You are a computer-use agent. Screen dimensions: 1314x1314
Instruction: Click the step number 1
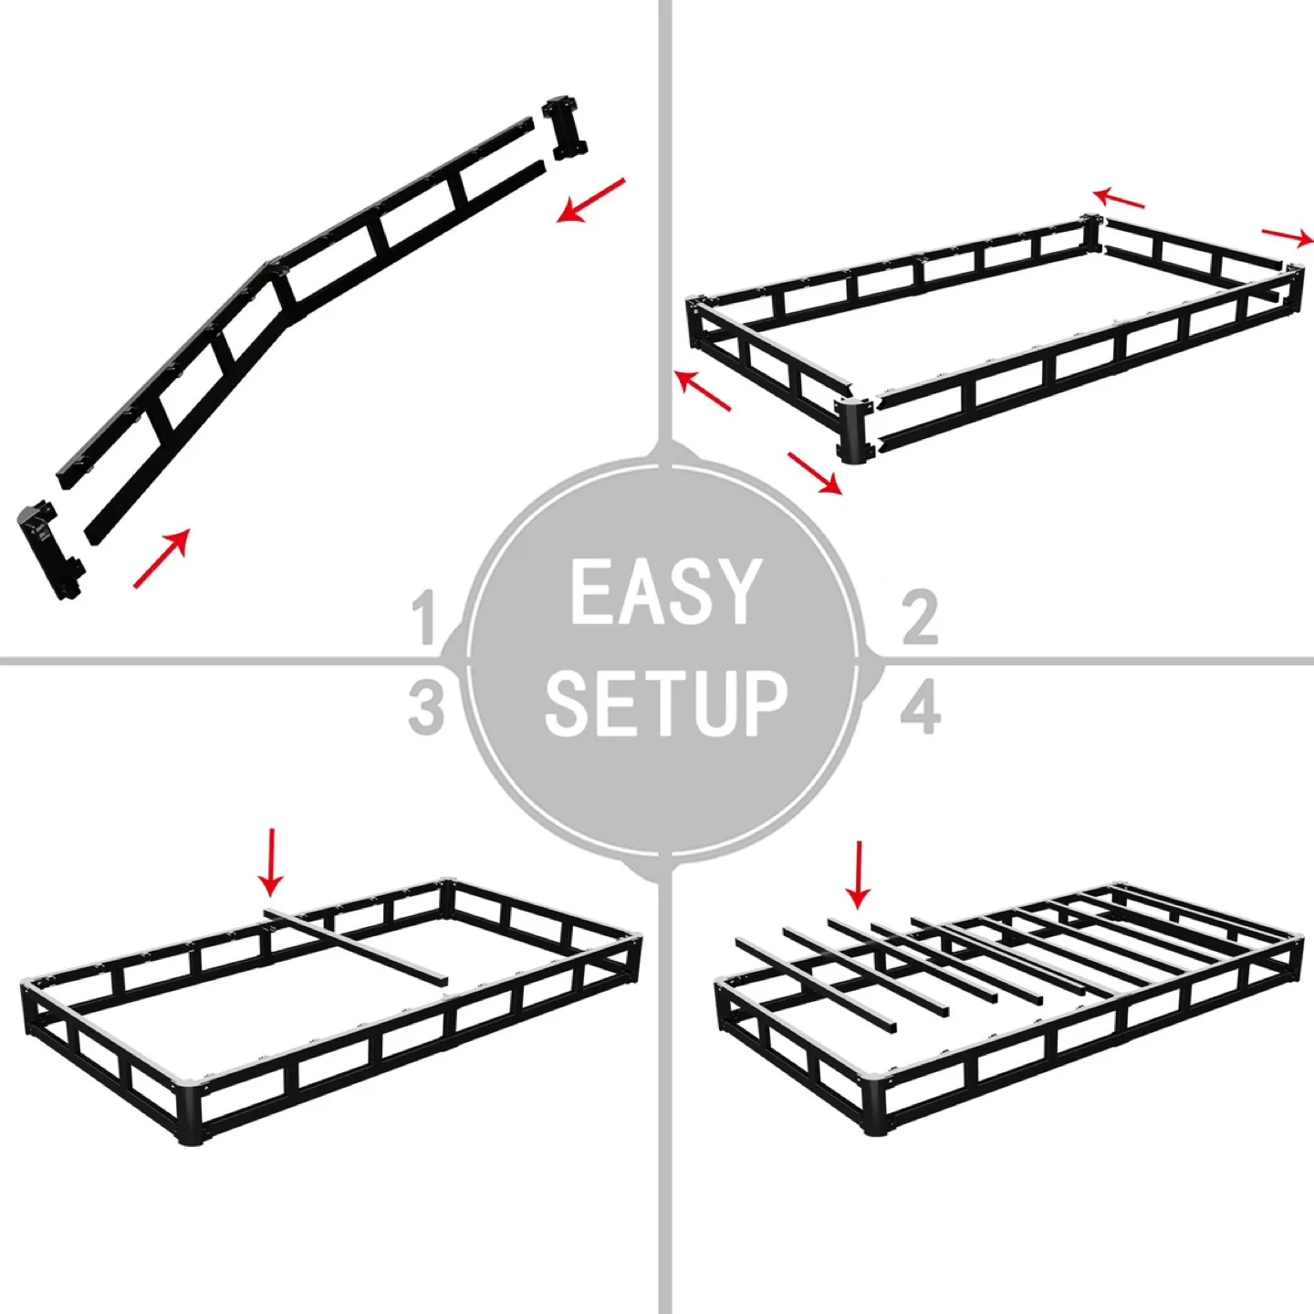coord(423,618)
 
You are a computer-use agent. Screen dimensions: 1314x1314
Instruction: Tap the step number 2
coord(920,618)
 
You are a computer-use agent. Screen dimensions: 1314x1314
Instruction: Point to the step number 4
coord(920,707)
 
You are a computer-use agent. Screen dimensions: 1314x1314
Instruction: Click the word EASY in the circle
coord(665,593)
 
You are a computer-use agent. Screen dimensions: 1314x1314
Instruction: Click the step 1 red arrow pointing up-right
coord(162,558)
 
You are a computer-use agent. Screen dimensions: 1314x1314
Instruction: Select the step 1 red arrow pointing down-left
coord(591,200)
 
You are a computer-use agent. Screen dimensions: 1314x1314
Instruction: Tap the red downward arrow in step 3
coord(271,861)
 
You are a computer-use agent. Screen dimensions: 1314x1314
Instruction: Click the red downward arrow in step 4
coord(858,874)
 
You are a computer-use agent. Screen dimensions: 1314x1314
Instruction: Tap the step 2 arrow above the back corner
coord(1119,198)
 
